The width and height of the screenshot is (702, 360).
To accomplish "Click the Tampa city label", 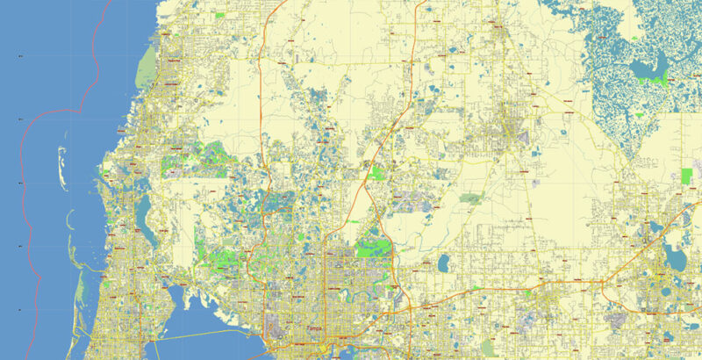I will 313,328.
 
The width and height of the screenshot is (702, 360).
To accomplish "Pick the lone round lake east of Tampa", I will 444,263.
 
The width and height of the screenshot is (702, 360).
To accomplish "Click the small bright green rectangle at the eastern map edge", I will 686,176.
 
